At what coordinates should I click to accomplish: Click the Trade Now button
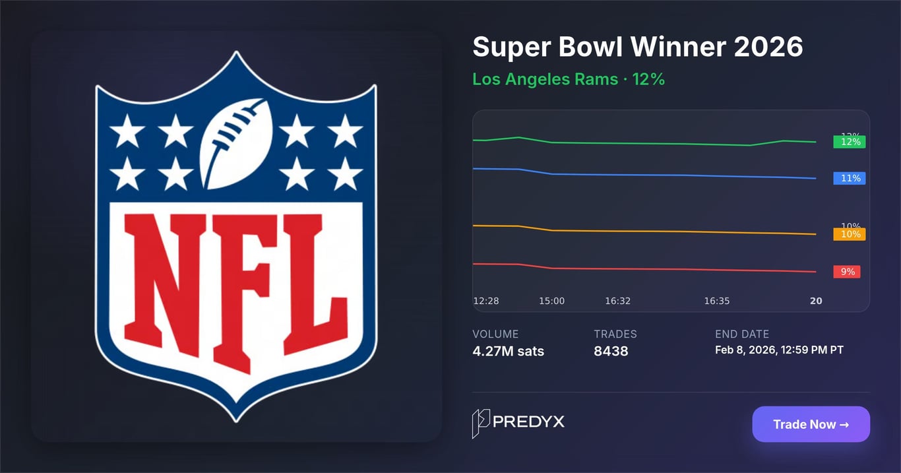(811, 424)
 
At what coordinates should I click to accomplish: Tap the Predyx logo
(518, 423)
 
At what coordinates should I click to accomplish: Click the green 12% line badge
(850, 142)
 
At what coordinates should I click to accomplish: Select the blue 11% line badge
(850, 178)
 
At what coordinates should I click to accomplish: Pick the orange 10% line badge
(850, 234)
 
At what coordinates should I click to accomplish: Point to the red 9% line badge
(847, 272)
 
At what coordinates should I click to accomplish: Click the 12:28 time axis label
(486, 301)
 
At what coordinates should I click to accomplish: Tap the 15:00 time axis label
(552, 301)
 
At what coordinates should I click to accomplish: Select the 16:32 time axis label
(618, 301)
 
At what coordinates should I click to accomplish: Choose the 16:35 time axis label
(717, 301)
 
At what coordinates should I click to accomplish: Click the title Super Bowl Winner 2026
(638, 47)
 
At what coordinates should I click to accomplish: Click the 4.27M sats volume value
(509, 351)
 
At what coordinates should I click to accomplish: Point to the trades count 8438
(611, 351)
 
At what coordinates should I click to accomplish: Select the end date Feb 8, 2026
(779, 350)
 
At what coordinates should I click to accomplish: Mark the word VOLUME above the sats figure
(495, 334)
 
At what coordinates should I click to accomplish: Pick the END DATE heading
(742, 334)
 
